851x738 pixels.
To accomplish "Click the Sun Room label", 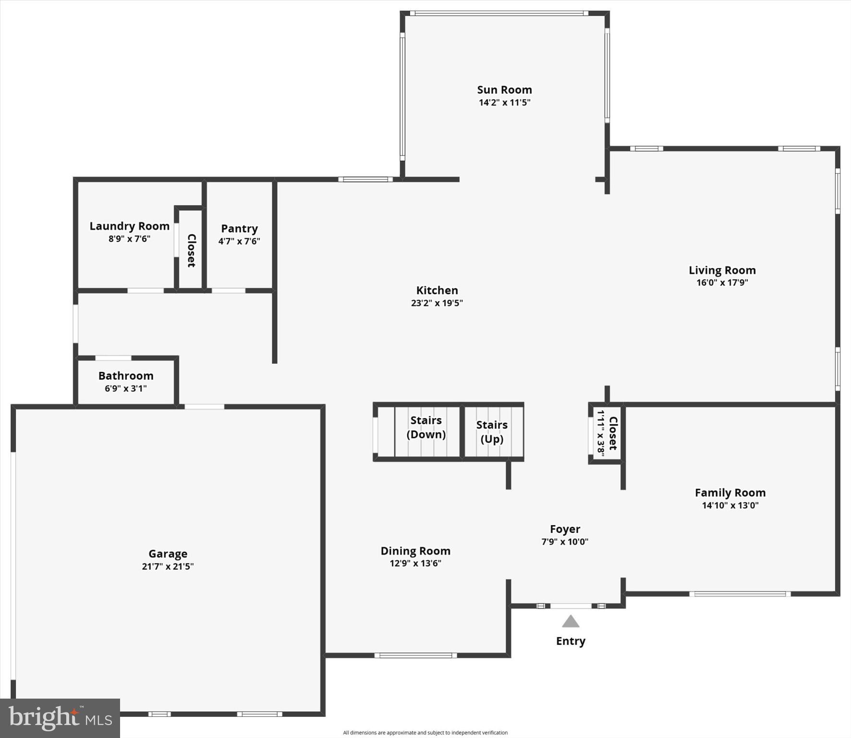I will point(504,90).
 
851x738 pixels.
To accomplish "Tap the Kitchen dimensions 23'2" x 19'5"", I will point(437,303).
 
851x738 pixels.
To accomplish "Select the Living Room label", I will point(722,270).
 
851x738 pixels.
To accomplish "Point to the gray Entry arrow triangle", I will point(571,622).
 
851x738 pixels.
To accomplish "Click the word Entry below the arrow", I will point(571,641).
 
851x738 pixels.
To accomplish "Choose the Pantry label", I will point(239,229).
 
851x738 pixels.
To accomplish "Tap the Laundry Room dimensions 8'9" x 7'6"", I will point(129,239).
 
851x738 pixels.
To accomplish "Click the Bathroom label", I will point(126,376).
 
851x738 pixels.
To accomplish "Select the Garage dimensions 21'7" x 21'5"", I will point(168,566).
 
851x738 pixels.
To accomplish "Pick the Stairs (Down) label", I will point(426,427).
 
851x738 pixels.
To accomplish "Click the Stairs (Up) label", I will point(492,431).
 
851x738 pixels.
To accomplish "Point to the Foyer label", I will point(565,529).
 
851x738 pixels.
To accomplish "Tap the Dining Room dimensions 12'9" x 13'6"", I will point(415,563).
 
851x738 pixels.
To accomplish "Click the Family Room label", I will point(730,492).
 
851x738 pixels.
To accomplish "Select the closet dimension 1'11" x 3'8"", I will point(601,433).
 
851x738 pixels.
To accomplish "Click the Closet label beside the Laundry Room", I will point(191,250).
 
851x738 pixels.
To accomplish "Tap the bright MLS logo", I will point(60,718).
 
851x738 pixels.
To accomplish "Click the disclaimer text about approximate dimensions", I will point(425,733).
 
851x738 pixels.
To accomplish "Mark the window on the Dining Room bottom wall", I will point(415,655).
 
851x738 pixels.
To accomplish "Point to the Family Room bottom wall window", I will point(740,594).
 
